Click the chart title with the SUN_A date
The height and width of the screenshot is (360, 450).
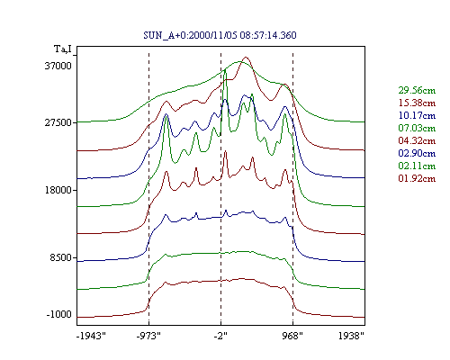click(220, 35)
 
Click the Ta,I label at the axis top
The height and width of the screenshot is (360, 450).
click(63, 49)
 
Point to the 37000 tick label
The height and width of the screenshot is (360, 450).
click(58, 66)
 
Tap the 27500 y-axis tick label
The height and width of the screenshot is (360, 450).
click(58, 122)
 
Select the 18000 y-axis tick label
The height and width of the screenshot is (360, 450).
click(58, 190)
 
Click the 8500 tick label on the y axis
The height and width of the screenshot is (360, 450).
click(61, 257)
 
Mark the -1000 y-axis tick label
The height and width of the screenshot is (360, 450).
click(59, 314)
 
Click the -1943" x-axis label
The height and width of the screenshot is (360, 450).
click(92, 336)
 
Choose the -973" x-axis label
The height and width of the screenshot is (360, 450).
click(148, 336)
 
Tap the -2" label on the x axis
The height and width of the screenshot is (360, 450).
click(220, 336)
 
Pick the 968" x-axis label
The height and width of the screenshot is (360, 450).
click(292, 336)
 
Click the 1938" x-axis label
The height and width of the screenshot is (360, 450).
click(351, 336)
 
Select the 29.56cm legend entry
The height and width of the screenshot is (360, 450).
click(417, 90)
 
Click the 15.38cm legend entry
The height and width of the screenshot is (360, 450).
click(417, 103)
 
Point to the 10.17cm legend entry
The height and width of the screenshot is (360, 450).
click(417, 115)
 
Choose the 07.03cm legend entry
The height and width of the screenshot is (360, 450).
click(417, 128)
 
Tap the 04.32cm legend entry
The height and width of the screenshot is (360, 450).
click(417, 140)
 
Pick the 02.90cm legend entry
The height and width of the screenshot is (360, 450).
click(417, 153)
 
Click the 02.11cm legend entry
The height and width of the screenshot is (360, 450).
click(417, 166)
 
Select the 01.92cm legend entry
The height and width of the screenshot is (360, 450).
click(417, 178)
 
